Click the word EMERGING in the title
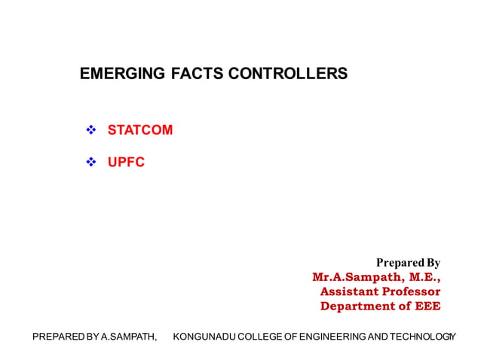click(x=113, y=74)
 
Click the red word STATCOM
click(x=140, y=130)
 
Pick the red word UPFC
click(x=126, y=162)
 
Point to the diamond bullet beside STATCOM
click(x=92, y=130)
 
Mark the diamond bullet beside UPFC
click(x=92, y=162)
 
